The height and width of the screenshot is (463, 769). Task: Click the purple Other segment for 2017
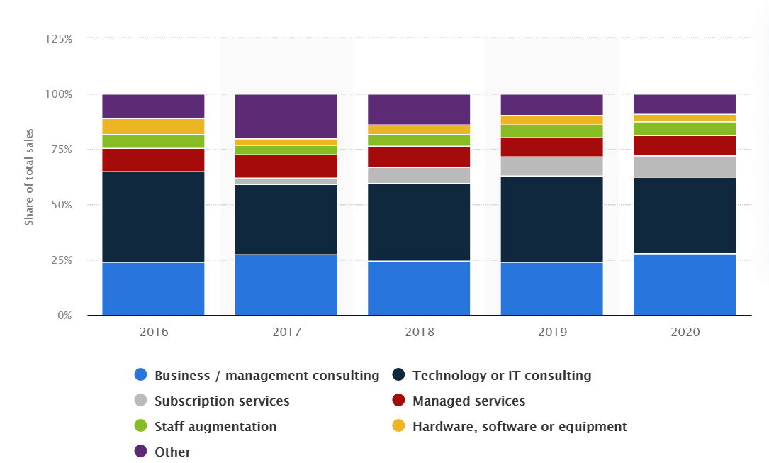coord(286,116)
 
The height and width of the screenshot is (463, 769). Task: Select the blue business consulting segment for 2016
coord(153,289)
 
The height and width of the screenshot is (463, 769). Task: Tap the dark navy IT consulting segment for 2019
coord(551,219)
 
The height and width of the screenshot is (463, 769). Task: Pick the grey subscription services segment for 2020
coord(685,167)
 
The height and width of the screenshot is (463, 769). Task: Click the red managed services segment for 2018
coord(419,157)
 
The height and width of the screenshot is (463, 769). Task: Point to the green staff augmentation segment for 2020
coord(685,128)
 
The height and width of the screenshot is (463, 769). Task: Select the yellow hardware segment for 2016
coord(153,126)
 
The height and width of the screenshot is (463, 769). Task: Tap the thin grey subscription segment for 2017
coord(286,182)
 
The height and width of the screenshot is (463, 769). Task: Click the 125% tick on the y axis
coord(59,39)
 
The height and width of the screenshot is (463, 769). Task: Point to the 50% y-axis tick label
coord(61,205)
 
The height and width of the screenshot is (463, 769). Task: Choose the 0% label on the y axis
coord(64,316)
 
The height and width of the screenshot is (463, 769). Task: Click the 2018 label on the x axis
coord(420,332)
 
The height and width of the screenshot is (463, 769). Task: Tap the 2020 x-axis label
coord(685,332)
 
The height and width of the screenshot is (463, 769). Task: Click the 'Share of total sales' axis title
coord(29,177)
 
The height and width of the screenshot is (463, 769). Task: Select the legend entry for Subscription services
coord(222,401)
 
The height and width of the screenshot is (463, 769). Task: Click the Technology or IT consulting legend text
coord(502,376)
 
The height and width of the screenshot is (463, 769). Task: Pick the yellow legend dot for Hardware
coord(399,425)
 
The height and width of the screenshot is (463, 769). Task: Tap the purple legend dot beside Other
coord(141,451)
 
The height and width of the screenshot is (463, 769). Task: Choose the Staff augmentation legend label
coord(215,427)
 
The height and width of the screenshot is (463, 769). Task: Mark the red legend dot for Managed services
coord(399,400)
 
